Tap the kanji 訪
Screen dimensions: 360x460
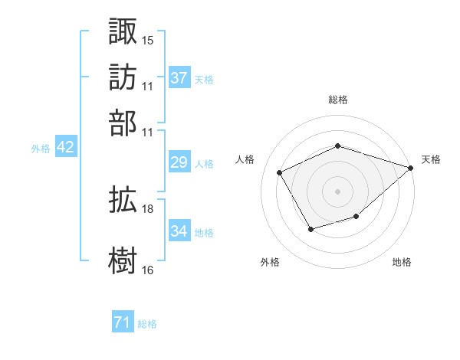(x=123, y=77)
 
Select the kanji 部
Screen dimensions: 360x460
(x=123, y=123)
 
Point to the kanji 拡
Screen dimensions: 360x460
(x=123, y=201)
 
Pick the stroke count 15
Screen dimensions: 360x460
(x=148, y=39)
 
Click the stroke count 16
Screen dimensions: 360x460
(x=148, y=270)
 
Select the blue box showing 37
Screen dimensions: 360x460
(x=179, y=78)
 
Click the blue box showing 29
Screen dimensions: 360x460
(x=179, y=162)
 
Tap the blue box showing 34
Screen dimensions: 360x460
(x=179, y=231)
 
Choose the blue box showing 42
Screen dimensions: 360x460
(x=65, y=148)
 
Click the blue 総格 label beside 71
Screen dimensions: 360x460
(x=148, y=325)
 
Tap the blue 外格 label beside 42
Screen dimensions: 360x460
(x=40, y=149)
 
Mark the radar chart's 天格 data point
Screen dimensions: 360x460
(x=412, y=169)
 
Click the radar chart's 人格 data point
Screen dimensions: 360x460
(x=280, y=172)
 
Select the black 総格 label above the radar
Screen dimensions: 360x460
(x=338, y=100)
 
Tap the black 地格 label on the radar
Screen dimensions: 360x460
(x=402, y=263)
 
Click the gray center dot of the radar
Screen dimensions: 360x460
(x=338, y=191)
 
